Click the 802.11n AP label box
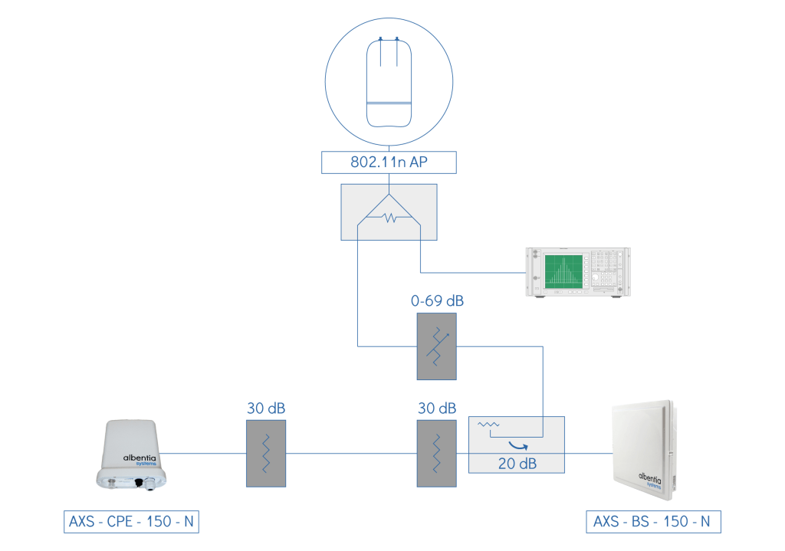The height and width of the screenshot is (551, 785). tap(389, 162)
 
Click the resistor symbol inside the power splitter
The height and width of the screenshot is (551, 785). tap(389, 218)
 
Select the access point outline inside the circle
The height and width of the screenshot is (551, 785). tap(389, 82)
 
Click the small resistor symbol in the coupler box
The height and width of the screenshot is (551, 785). tap(488, 425)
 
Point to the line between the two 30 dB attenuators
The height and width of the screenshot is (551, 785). tap(351, 453)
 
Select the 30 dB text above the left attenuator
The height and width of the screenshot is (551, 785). tap(265, 407)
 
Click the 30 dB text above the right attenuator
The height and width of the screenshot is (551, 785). tap(436, 407)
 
